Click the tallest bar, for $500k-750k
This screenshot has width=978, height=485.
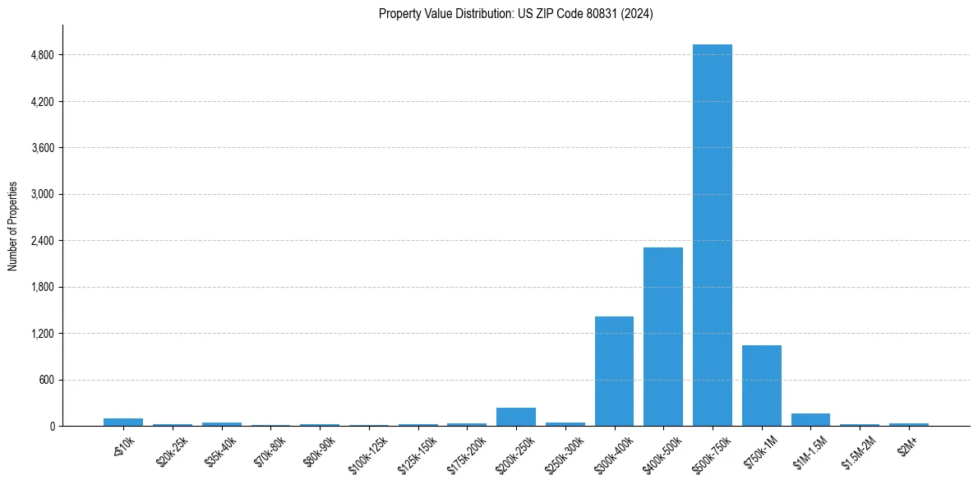[712, 235]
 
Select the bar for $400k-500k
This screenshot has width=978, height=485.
[662, 336]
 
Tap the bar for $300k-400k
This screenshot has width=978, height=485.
[614, 371]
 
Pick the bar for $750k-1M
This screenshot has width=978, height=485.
[761, 386]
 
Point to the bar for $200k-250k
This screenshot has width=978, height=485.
[515, 417]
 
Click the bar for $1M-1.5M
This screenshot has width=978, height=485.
[810, 419]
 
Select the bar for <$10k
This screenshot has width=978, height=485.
[123, 422]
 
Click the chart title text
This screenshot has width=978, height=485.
[515, 14]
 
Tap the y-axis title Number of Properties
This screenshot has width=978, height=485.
[13, 226]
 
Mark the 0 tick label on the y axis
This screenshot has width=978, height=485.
[52, 426]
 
